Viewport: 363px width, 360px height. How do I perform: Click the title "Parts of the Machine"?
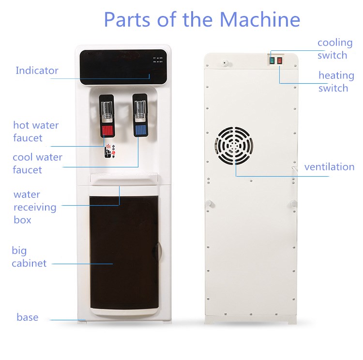coord(202,19)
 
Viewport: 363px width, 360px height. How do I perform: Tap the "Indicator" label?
coord(37,71)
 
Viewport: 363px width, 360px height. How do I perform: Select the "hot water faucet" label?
coord(36,132)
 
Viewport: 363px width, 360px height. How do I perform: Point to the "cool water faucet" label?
coord(37,164)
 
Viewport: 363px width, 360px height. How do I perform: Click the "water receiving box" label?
coord(35,207)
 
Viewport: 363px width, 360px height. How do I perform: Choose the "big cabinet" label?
coord(29,257)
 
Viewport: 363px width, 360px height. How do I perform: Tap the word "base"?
coord(28,317)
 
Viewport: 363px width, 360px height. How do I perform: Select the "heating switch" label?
coord(335,82)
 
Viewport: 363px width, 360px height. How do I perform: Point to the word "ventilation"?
coord(329,167)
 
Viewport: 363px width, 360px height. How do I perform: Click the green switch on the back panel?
coord(272,61)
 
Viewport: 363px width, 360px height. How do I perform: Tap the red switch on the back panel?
coord(279,61)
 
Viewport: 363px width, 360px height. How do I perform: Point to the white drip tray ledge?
coord(124,180)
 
